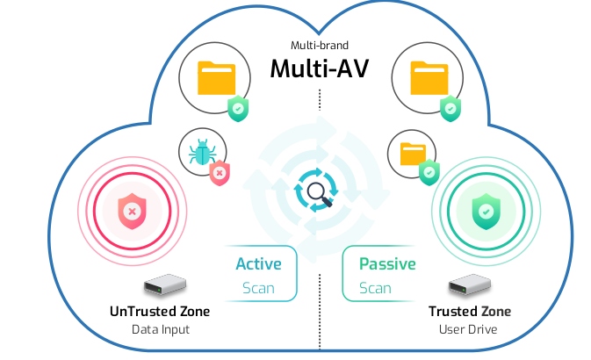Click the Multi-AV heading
[318, 68]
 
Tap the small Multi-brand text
[318, 44]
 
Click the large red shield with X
[132, 211]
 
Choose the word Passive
[387, 263]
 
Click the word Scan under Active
[259, 288]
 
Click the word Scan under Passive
[375, 288]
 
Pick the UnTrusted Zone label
[160, 312]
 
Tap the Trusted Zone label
[469, 312]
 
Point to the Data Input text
[160, 330]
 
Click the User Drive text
[469, 330]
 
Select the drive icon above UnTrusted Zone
[164, 286]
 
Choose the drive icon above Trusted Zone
[469, 286]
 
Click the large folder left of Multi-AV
[216, 79]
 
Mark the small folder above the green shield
[414, 153]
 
